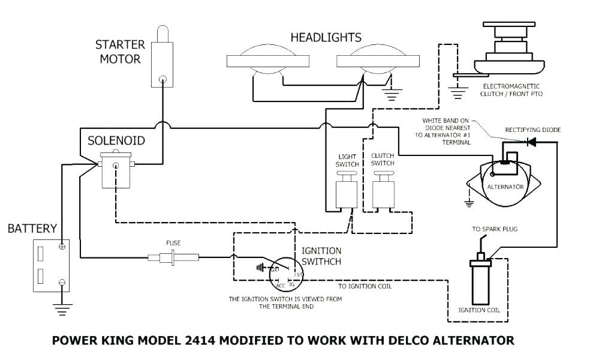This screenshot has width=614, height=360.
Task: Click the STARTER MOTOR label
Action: (x=120, y=52)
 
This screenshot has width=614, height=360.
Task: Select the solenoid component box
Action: (x=116, y=170)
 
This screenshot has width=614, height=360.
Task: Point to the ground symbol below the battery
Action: (x=62, y=308)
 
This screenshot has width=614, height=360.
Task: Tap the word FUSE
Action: (x=173, y=243)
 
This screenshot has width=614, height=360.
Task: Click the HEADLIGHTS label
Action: (x=327, y=38)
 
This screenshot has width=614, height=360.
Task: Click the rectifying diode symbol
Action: (x=530, y=142)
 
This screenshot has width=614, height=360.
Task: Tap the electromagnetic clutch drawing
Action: (x=509, y=50)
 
